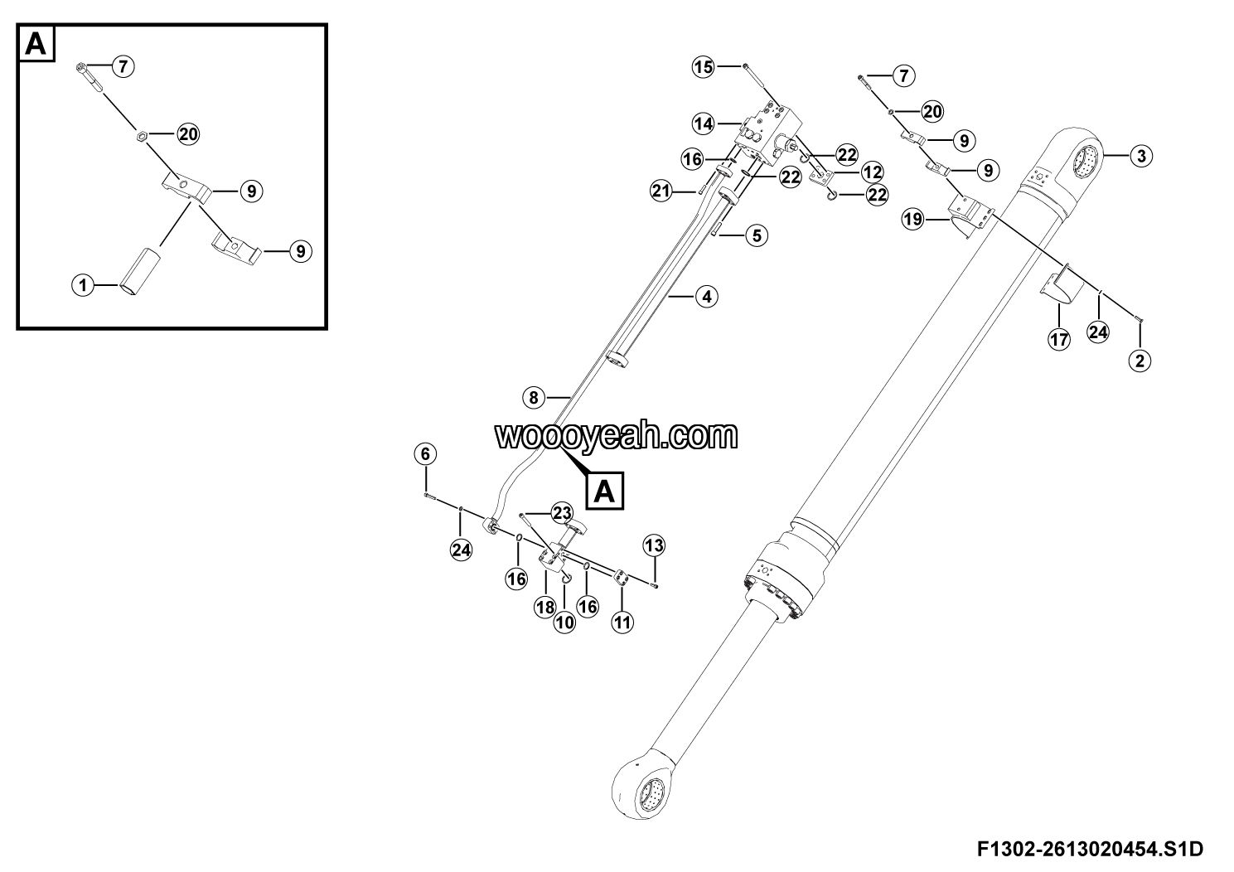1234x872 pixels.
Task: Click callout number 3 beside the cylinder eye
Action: click(1141, 157)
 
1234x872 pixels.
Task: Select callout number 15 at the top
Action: click(703, 67)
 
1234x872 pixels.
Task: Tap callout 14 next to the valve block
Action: click(704, 124)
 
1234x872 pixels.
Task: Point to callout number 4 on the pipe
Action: click(706, 297)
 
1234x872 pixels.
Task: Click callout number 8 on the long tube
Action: click(533, 398)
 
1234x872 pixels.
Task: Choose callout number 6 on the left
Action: click(425, 454)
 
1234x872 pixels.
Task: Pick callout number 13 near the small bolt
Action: click(654, 545)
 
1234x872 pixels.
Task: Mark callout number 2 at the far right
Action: click(1140, 361)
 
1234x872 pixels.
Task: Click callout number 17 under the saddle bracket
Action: click(1059, 339)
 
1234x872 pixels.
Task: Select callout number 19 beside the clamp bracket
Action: click(912, 220)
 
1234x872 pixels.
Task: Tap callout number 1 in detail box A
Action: click(83, 285)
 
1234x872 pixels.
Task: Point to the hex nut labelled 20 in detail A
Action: click(142, 134)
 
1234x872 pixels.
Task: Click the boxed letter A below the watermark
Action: click(605, 490)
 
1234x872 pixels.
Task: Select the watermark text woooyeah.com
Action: click(617, 436)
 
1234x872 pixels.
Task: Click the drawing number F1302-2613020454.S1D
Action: click(1091, 849)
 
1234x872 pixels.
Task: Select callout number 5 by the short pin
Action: click(757, 235)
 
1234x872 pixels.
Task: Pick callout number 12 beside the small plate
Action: click(872, 172)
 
